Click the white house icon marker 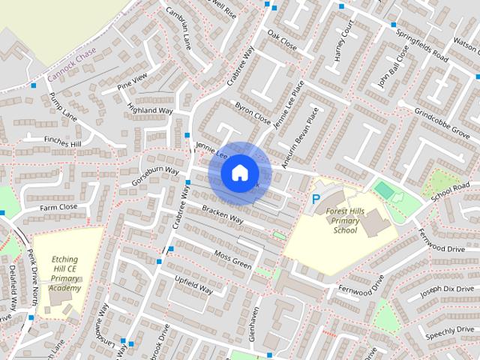(238, 172)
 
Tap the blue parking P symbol (316, 199)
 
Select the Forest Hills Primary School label (346, 221)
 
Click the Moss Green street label (232, 260)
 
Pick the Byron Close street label (252, 113)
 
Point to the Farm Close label (58, 206)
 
